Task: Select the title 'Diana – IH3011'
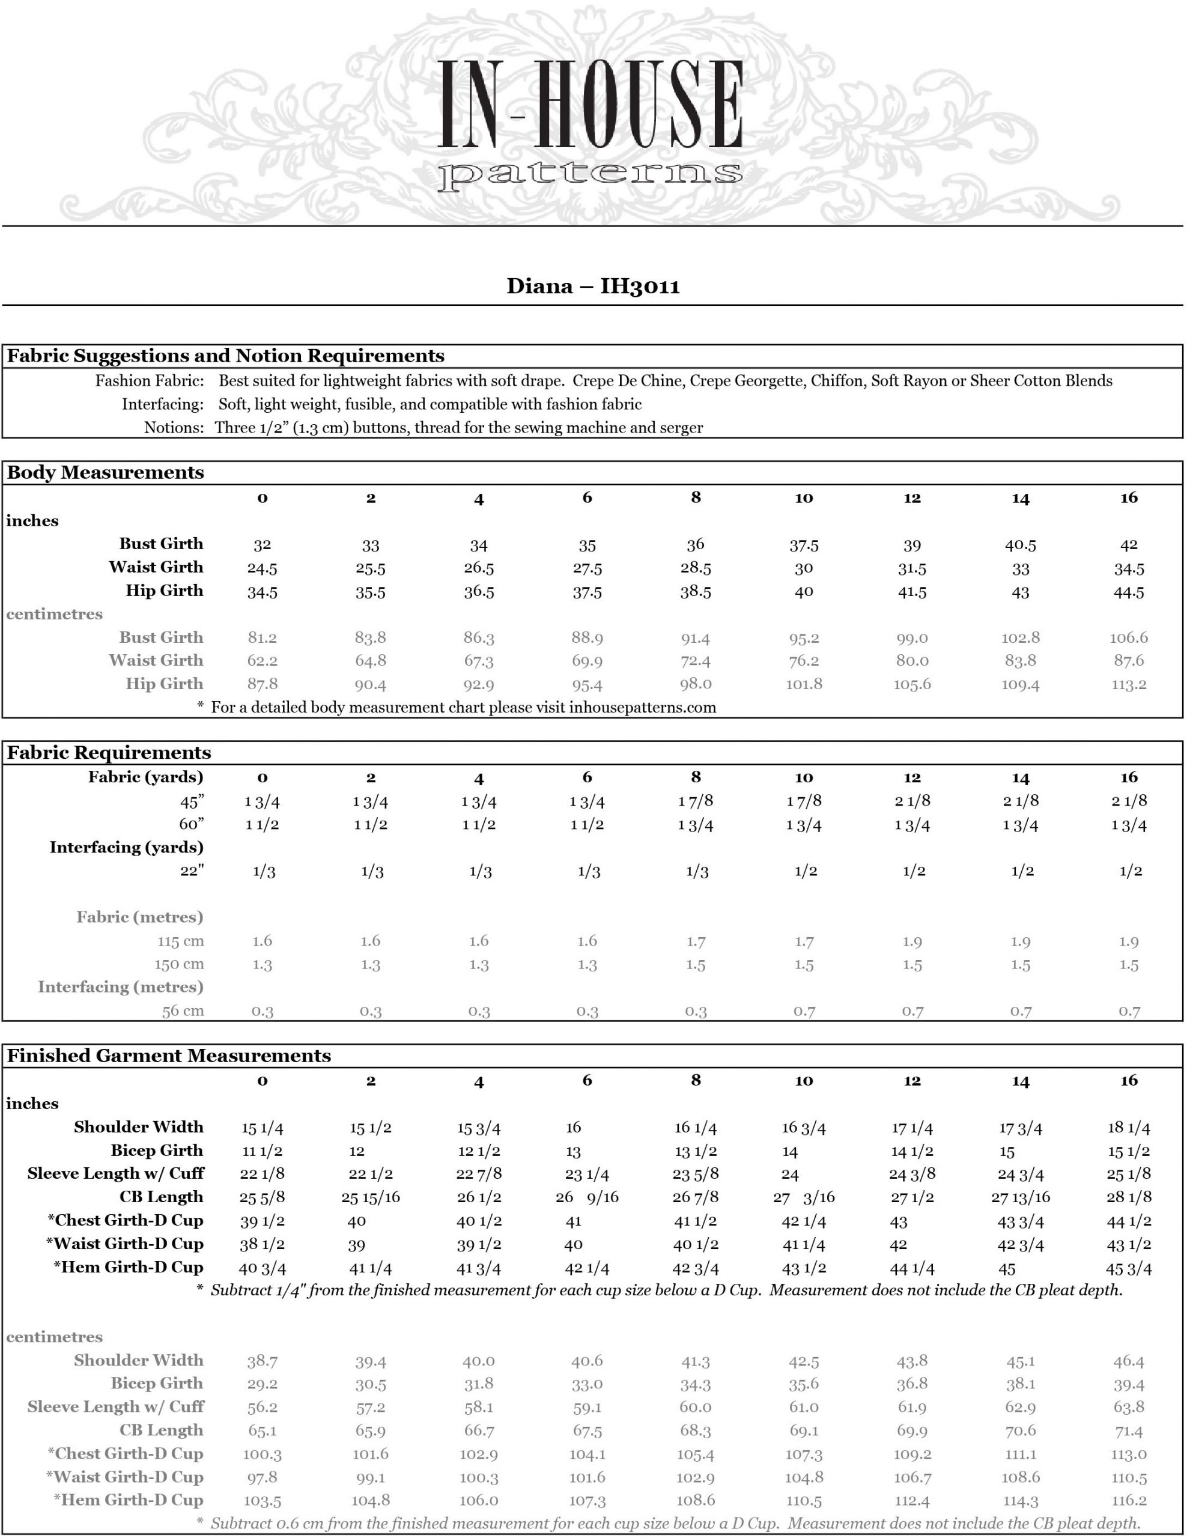click(593, 287)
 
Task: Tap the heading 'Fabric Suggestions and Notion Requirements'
click(225, 356)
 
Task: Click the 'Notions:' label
click(174, 428)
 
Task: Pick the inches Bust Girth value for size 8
click(695, 544)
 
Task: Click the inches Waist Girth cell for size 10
click(803, 568)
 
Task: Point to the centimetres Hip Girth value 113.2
click(1129, 684)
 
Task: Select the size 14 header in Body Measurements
click(1020, 499)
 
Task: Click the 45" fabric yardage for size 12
click(912, 801)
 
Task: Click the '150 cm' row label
click(179, 964)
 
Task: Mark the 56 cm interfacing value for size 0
click(263, 1011)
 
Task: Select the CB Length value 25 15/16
click(370, 1197)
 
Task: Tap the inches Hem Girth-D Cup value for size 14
click(1007, 1269)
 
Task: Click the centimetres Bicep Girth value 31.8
click(479, 1384)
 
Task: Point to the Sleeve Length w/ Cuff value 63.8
click(1129, 1407)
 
